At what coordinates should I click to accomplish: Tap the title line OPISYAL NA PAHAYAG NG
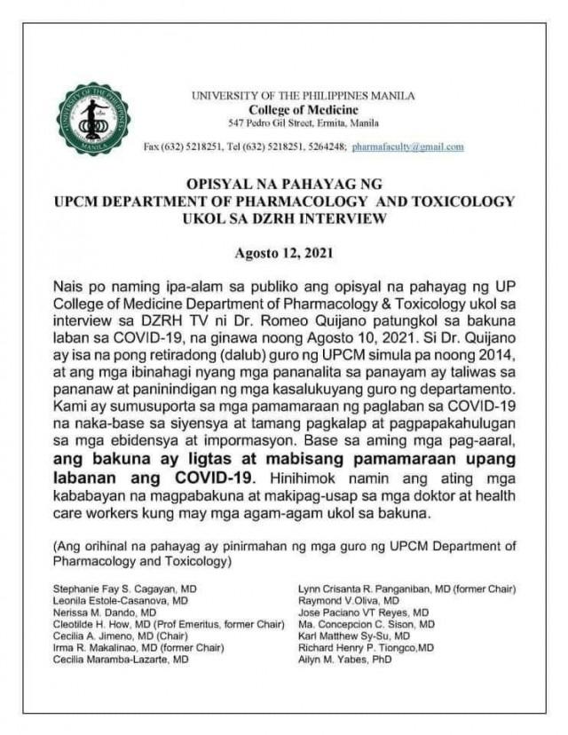click(x=284, y=186)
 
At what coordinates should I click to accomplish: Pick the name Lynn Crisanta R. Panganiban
click(x=398, y=589)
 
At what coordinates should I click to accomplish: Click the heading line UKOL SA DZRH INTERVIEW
click(x=284, y=217)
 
